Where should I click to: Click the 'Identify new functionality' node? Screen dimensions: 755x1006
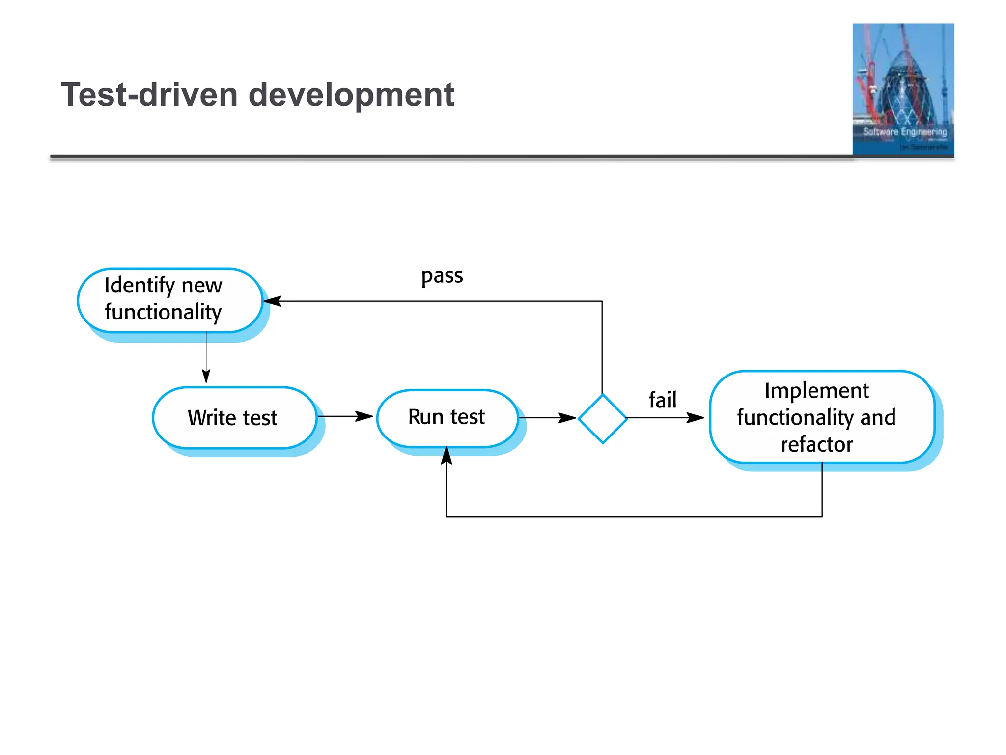[x=169, y=300]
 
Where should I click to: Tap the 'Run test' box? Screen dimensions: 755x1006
[x=447, y=418]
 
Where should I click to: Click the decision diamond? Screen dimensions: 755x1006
[x=602, y=418]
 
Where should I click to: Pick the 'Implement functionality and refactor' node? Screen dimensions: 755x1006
[x=821, y=417]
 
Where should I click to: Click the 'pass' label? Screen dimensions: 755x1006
[x=442, y=276]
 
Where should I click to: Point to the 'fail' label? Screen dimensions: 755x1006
[x=662, y=399]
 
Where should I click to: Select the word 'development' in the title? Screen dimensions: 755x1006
[x=351, y=94]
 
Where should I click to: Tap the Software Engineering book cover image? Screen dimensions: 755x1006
[x=903, y=89]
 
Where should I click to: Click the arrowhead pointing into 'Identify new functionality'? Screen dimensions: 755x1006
[x=273, y=301]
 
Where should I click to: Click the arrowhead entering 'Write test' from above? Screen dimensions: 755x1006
[x=206, y=376]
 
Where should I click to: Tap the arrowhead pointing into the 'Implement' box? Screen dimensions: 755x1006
[x=696, y=418]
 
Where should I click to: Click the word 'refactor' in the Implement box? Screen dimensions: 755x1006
[x=816, y=444]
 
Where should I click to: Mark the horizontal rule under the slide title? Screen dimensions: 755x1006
[x=442, y=157]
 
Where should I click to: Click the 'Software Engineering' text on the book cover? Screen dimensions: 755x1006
[x=905, y=132]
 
